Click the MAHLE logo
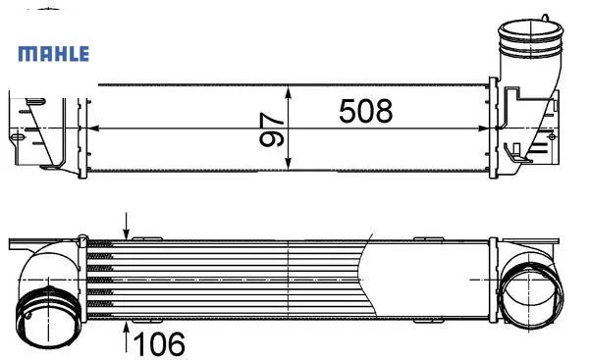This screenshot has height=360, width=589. tap(54, 54)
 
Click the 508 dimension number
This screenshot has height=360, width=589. tap(365, 111)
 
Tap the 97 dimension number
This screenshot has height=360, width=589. tap(271, 129)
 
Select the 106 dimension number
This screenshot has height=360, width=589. tap(159, 343)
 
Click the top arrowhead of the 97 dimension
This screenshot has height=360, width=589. tap(288, 93)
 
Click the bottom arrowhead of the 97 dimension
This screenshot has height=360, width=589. tap(288, 163)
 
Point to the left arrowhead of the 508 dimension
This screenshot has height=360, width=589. tap(93, 129)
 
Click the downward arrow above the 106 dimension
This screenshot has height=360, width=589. tap(127, 226)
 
